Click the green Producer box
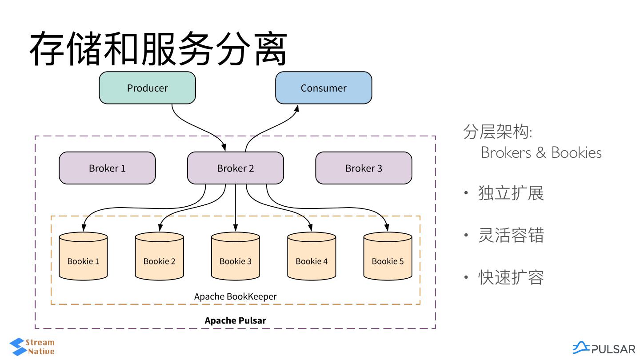[147, 88]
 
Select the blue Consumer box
[324, 88]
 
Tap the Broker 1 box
[107, 168]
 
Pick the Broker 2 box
[236, 168]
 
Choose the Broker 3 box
[364, 168]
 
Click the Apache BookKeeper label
[236, 296]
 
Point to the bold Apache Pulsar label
[236, 320]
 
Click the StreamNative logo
[32, 347]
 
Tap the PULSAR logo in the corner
[604, 348]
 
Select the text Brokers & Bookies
[541, 153]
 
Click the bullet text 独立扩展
[511, 193]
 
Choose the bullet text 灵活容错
[511, 236]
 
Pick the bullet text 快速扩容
[511, 278]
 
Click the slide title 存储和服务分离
[158, 49]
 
